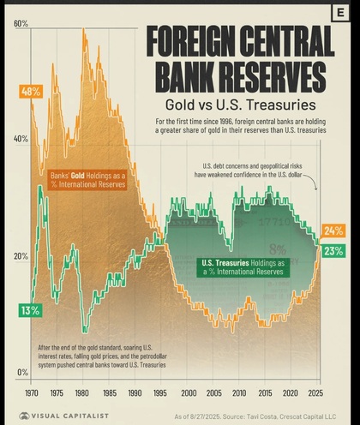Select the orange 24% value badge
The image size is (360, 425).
[333, 230]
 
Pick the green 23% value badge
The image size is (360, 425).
[333, 251]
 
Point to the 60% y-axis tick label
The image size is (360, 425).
[21, 23]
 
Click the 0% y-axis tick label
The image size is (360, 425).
[23, 373]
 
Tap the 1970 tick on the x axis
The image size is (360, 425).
[32, 392]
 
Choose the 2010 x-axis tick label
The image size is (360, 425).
[238, 392]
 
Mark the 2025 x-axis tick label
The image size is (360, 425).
[316, 392]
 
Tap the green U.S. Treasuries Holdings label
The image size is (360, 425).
[243, 266]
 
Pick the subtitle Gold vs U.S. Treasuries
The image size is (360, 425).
[237, 105]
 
